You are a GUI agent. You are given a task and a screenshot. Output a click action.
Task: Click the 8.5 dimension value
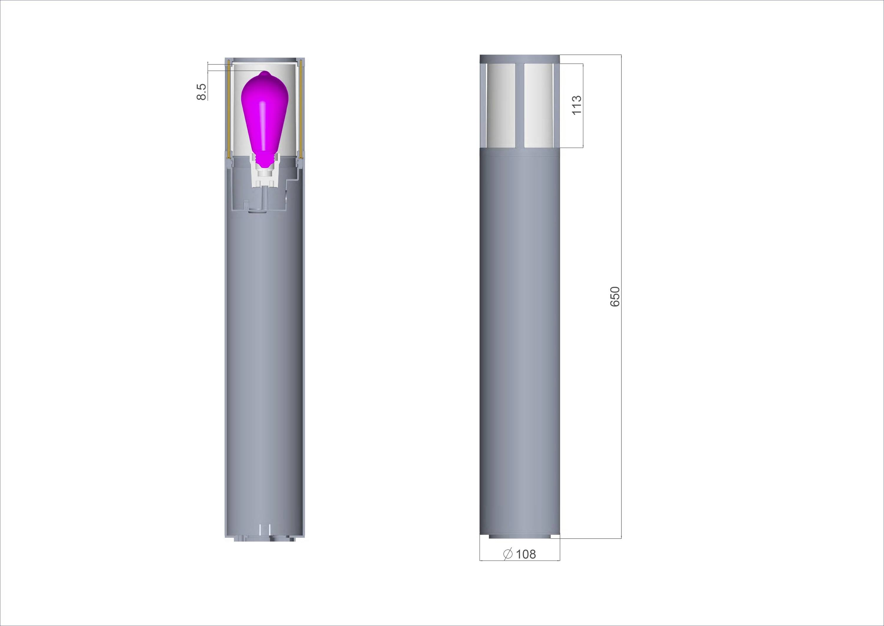pyautogui.click(x=201, y=92)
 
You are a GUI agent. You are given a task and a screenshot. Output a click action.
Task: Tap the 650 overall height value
pyautogui.click(x=615, y=296)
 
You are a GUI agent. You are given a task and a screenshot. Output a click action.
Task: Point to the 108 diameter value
pyautogui.click(x=526, y=554)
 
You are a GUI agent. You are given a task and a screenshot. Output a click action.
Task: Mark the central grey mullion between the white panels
pyautogui.click(x=520, y=106)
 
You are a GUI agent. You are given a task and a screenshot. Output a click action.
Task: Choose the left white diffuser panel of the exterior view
pyautogui.click(x=501, y=106)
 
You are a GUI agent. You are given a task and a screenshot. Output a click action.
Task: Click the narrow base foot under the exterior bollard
pyautogui.click(x=519, y=537)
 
